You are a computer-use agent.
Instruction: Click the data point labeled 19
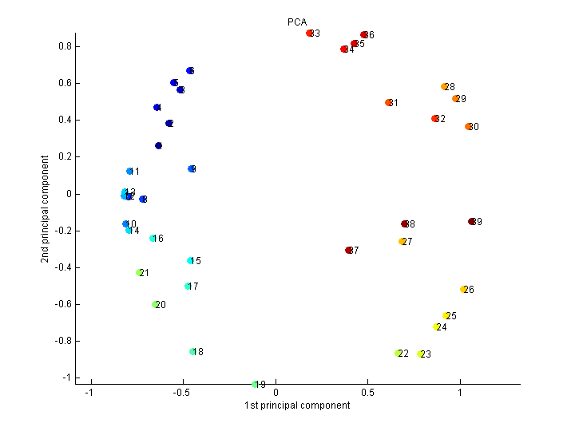256,384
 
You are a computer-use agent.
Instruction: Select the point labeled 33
310,34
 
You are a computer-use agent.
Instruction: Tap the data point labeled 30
469,126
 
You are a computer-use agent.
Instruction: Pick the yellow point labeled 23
420,354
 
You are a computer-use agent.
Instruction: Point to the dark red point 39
472,221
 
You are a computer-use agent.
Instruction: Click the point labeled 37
349,250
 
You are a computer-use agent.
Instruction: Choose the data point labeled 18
193,351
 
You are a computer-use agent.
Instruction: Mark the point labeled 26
463,289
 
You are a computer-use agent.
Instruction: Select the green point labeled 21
140,273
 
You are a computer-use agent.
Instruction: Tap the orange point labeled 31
389,102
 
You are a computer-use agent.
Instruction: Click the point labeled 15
191,260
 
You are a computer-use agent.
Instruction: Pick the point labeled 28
445,86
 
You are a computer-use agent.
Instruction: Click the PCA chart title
297,22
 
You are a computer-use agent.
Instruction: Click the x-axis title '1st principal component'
297,405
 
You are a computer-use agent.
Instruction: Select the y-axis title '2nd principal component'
50,209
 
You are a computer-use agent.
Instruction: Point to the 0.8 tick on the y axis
65,46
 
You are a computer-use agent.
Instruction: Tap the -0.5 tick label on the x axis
183,393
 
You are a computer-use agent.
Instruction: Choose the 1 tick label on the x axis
460,393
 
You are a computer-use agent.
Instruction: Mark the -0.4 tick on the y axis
63,267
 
